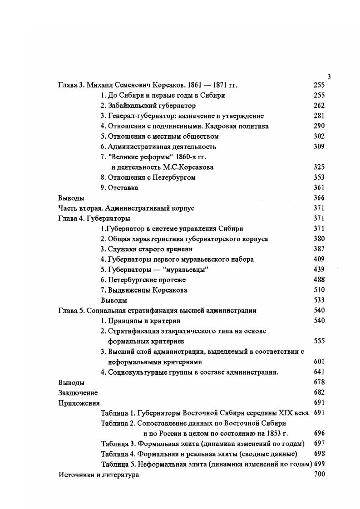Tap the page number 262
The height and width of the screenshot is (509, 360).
coord(319,106)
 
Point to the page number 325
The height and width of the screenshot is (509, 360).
coord(319,167)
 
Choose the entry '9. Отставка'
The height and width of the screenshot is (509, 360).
coord(119,188)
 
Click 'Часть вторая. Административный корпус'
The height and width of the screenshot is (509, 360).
coord(126,208)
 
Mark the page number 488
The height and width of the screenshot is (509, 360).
coord(319,280)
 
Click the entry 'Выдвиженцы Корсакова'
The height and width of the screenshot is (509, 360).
coord(144,290)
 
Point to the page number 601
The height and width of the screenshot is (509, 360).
coord(319,362)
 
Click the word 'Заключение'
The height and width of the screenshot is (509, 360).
coord(78,393)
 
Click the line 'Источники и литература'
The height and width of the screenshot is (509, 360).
coord(99,475)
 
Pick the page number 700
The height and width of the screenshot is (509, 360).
coord(319,475)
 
